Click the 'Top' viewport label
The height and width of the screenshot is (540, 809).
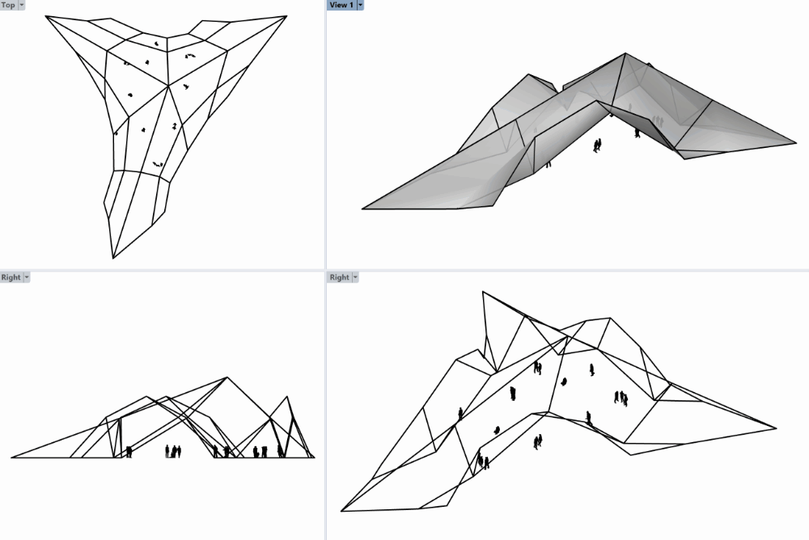point(8,5)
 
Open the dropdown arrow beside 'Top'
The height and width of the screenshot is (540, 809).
point(22,5)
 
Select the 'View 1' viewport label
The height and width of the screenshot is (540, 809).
point(341,5)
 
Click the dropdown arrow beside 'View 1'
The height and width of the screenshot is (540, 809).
point(360,5)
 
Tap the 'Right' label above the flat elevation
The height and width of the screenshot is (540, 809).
point(11,277)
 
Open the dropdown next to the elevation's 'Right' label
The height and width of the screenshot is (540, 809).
point(27,277)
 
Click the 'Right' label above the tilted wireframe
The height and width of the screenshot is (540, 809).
point(340,277)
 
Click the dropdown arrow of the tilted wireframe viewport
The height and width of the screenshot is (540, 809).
point(355,277)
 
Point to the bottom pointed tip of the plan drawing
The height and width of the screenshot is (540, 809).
point(113,258)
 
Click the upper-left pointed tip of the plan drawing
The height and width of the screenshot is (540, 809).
point(45,16)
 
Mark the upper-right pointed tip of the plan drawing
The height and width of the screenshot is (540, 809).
point(287,15)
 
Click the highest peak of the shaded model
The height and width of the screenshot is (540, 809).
point(625,53)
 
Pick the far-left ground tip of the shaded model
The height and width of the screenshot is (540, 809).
point(362,209)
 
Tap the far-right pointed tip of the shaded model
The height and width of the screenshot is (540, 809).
point(796,143)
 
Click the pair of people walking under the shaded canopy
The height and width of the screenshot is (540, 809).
point(597,146)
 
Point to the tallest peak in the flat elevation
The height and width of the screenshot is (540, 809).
point(227,378)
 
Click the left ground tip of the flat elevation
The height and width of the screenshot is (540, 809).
point(11,457)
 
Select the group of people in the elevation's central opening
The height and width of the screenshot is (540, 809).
point(173,451)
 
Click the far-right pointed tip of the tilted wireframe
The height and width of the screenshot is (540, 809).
point(776,428)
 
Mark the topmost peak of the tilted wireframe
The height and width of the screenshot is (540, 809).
point(483,291)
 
